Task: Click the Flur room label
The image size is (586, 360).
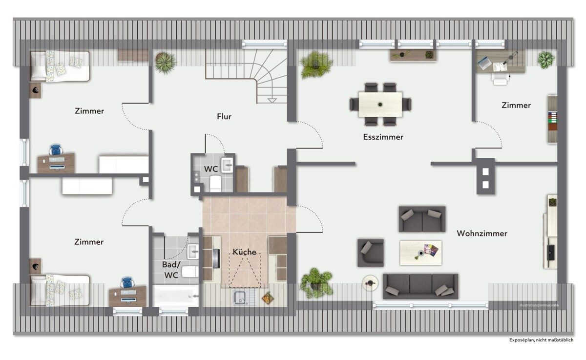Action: click(224, 116)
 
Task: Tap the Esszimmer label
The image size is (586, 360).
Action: click(383, 137)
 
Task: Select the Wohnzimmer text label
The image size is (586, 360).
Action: click(482, 233)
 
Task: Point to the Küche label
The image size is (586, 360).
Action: click(244, 252)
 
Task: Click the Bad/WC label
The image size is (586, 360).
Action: click(171, 270)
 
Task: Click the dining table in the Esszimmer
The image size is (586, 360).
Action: click(380, 105)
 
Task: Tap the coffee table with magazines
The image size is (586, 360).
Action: click(420, 253)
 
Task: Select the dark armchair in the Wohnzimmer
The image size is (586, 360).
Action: click(371, 253)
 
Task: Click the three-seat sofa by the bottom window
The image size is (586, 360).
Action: click(420, 286)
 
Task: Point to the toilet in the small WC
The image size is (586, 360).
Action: click(215, 184)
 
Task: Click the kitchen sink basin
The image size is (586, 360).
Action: click(240, 298)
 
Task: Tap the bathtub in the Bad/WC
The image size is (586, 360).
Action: click(176, 296)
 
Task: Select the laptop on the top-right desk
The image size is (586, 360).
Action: click(484, 63)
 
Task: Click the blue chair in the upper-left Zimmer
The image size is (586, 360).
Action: click(56, 149)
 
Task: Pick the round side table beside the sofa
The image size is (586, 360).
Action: click(370, 283)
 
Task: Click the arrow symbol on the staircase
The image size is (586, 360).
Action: click(272, 101)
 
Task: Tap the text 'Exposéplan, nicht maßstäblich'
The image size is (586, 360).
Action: click(541, 340)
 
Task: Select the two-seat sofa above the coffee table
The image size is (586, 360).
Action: click(422, 219)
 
